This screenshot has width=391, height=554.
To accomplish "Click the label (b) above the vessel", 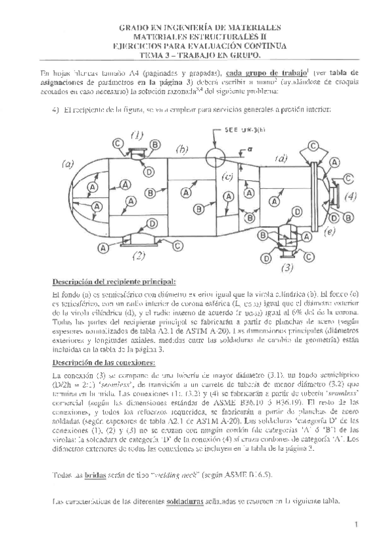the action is [181, 149].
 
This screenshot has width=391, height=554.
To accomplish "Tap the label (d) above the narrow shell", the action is [282, 158].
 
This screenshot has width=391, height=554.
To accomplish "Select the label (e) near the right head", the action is [329, 231].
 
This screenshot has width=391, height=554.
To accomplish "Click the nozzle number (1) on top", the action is [136, 135].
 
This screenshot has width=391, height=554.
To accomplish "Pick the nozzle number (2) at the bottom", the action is [138, 256].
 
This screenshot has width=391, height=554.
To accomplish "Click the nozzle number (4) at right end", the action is [351, 195].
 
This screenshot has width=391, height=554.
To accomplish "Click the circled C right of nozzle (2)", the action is [178, 246].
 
